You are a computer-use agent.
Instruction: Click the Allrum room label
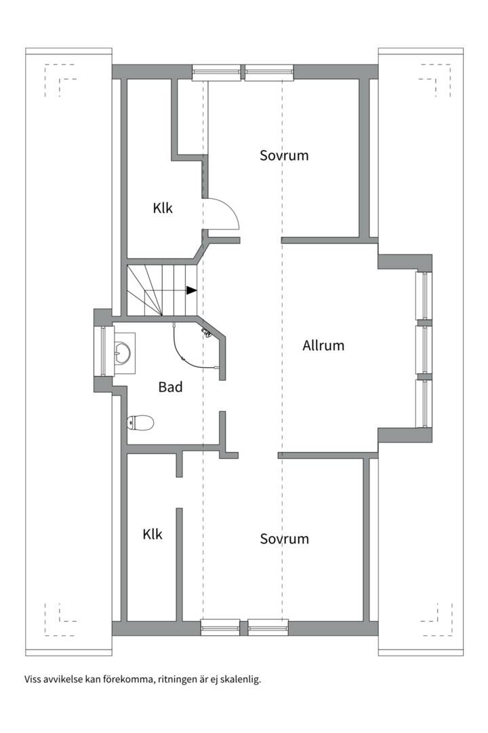[x=323, y=345]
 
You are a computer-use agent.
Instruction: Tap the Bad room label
[x=170, y=387]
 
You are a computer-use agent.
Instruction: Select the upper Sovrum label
[x=284, y=155]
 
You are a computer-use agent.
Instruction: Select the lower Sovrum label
[x=284, y=538]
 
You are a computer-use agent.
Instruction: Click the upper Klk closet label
[x=163, y=208]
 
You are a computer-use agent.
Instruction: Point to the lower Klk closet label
[x=152, y=534]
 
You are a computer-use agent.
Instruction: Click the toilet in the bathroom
[x=140, y=423]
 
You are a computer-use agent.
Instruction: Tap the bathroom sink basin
[x=123, y=352]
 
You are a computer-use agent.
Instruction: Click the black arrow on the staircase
[x=191, y=290]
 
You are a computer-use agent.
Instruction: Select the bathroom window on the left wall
[x=104, y=351]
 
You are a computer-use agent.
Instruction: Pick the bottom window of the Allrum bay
[x=424, y=403]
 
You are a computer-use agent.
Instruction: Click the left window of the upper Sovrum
[x=217, y=73]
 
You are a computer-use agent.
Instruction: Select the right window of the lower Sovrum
[x=268, y=627]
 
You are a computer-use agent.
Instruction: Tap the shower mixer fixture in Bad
[x=205, y=333]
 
